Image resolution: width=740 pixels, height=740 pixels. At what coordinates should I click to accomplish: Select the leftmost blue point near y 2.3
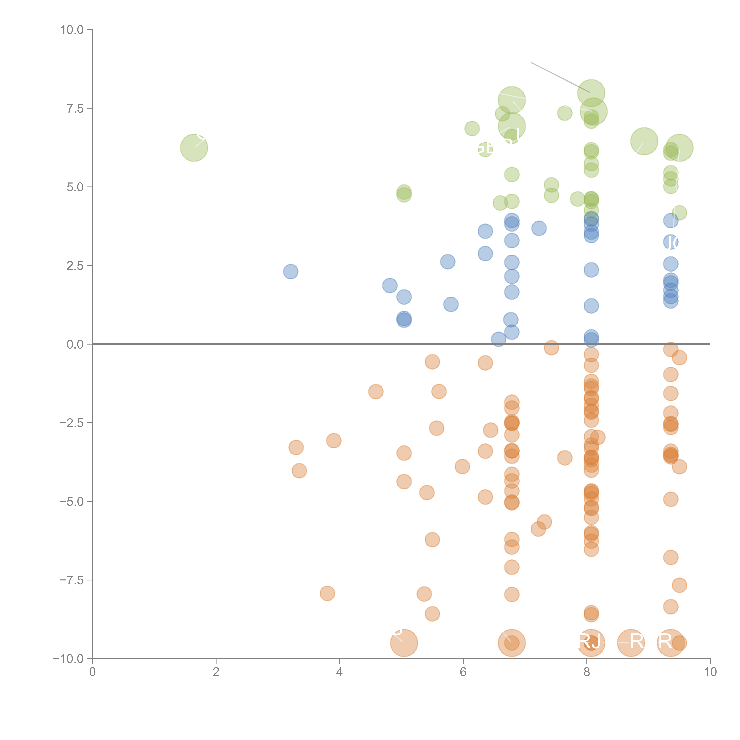click(x=291, y=272)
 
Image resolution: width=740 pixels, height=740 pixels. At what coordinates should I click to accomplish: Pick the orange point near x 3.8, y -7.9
click(x=327, y=593)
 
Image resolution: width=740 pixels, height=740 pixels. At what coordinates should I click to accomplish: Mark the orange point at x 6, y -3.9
click(x=462, y=466)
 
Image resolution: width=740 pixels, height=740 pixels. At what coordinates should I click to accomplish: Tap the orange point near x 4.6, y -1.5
click(x=376, y=391)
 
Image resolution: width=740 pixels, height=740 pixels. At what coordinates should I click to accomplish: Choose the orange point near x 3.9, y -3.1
click(x=334, y=440)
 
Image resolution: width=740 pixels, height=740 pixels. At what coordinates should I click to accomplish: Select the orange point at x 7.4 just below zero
click(x=551, y=348)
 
